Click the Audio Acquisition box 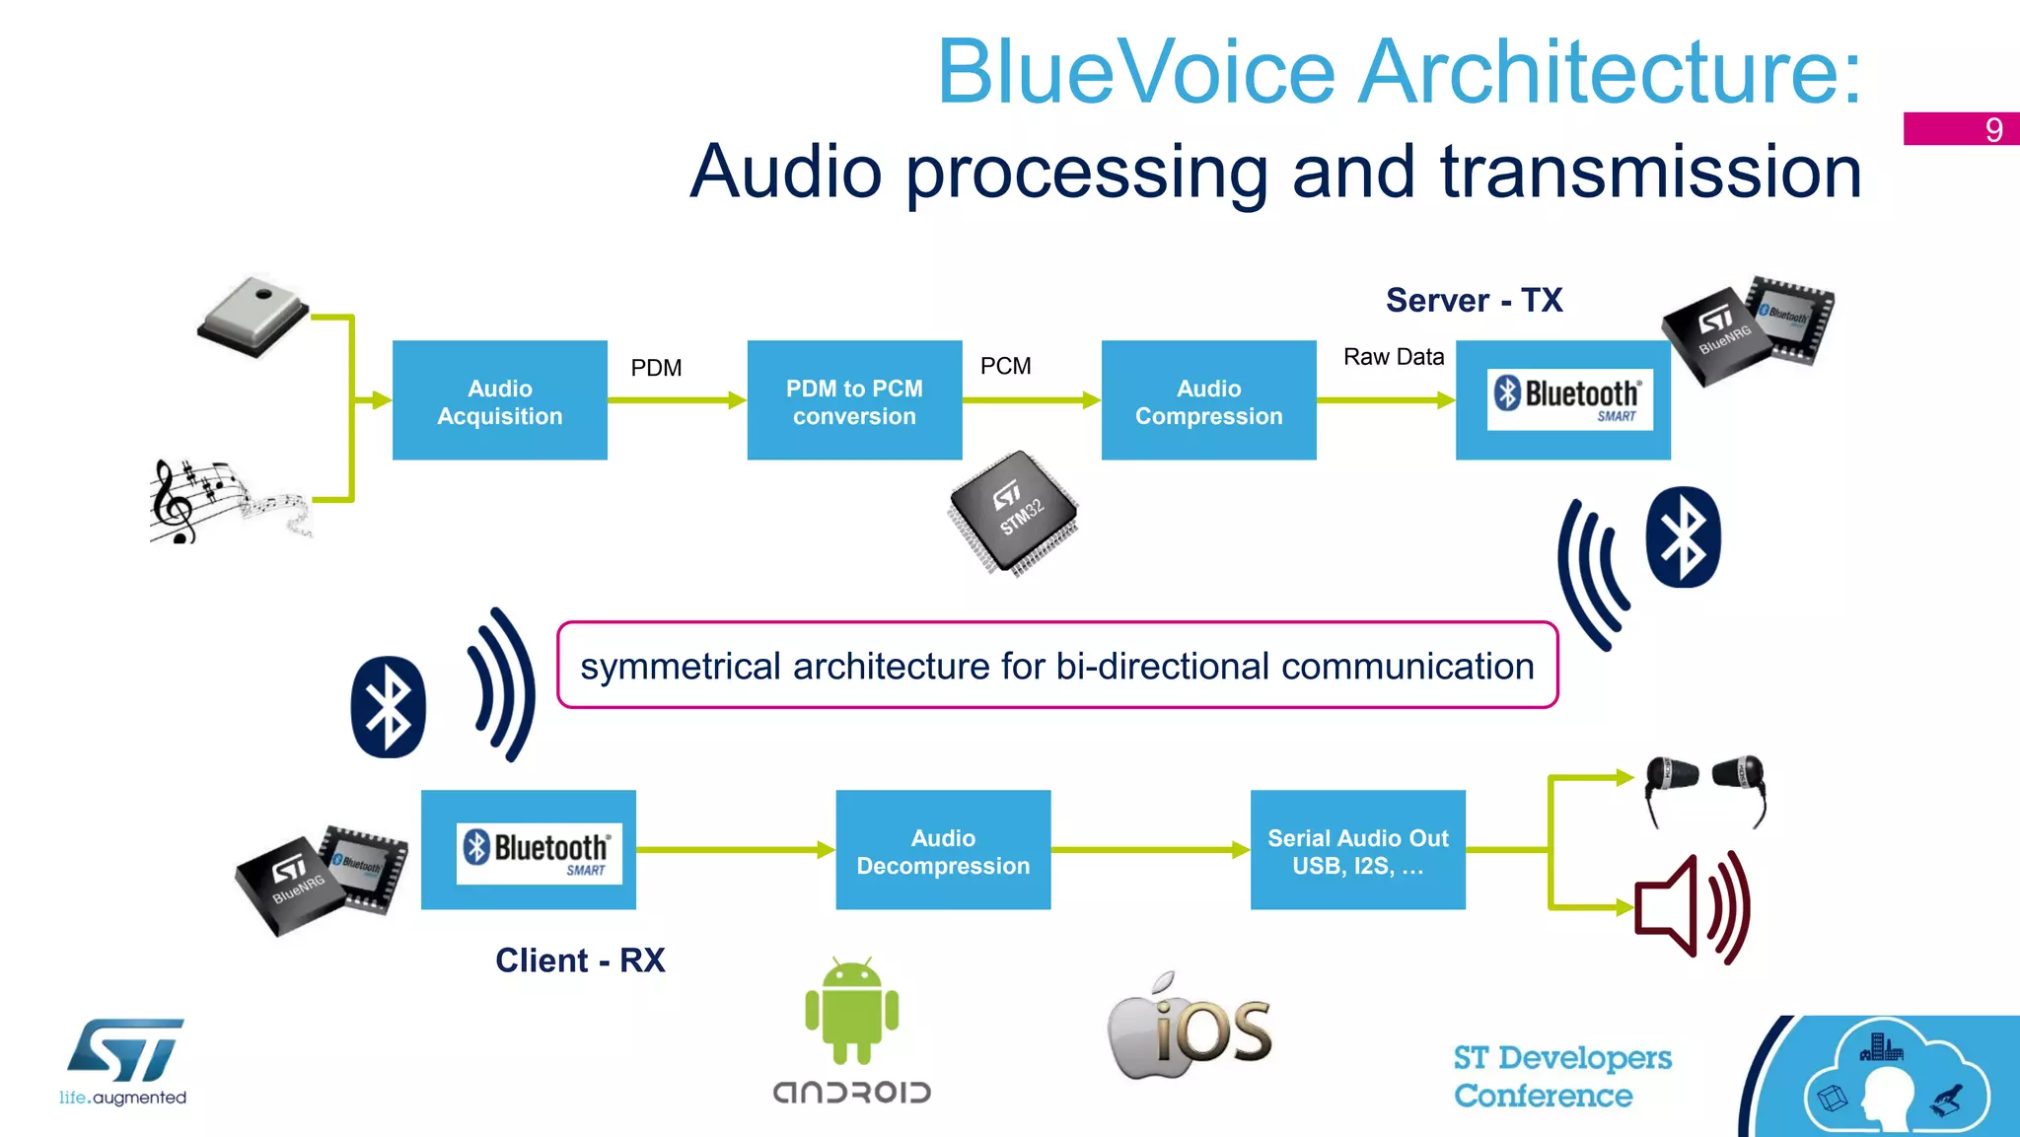(x=499, y=400)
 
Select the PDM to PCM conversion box (x=854, y=400)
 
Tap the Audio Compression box (x=1208, y=400)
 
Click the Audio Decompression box (x=943, y=850)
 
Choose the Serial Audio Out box (x=1357, y=850)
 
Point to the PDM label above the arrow (x=656, y=368)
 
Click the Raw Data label (x=1393, y=357)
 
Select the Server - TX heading (x=1474, y=300)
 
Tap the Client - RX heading (x=580, y=959)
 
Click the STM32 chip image (x=1014, y=513)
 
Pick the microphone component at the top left (x=253, y=316)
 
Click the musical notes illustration (x=227, y=501)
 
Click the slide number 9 (x=1992, y=129)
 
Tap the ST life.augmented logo (x=124, y=1061)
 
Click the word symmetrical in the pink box (x=681, y=667)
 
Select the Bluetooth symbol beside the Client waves (x=388, y=707)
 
